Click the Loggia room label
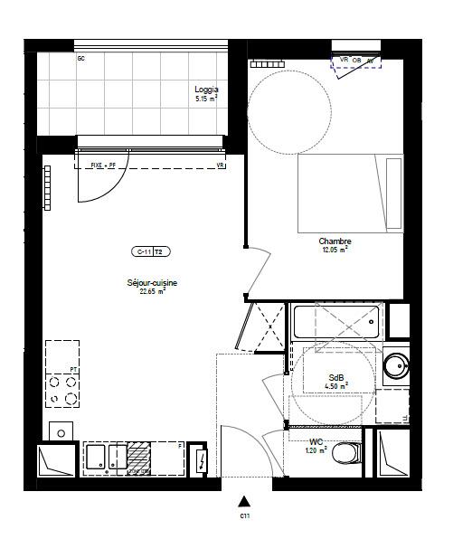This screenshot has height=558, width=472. pyautogui.click(x=206, y=90)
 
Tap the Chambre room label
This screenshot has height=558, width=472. pyautogui.click(x=335, y=241)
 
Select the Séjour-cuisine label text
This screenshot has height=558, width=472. pyautogui.click(x=152, y=283)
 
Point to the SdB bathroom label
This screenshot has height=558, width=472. pyautogui.click(x=336, y=378)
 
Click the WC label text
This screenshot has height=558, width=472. pyautogui.click(x=316, y=440)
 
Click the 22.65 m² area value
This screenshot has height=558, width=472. pyautogui.click(x=152, y=292)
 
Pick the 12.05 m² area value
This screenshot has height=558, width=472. pyautogui.click(x=335, y=250)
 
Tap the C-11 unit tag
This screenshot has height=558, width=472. pyautogui.click(x=142, y=251)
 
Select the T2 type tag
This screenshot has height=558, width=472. pyautogui.click(x=159, y=251)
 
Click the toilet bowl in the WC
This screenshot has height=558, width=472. pyautogui.click(x=345, y=452)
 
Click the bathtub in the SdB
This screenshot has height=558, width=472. pyautogui.click(x=336, y=322)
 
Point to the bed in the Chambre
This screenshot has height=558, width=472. pyautogui.click(x=350, y=193)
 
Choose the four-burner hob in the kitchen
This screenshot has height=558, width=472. pyautogui.click(x=62, y=390)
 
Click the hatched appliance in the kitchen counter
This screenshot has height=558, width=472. pyautogui.click(x=137, y=458)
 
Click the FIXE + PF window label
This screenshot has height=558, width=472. pyautogui.click(x=105, y=166)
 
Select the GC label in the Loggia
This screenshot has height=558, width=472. pyautogui.click(x=81, y=59)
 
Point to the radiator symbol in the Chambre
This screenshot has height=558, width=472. pyautogui.click(x=266, y=63)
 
